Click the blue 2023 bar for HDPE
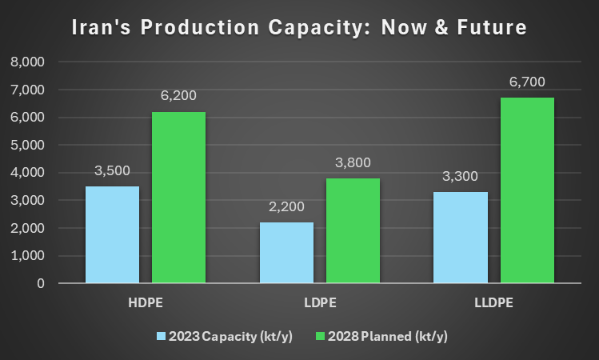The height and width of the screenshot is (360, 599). [x=112, y=234]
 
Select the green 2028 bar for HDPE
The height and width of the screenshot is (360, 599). [x=178, y=198]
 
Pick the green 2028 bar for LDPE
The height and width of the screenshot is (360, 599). [x=353, y=230]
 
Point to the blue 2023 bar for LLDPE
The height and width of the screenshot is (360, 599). [x=461, y=238]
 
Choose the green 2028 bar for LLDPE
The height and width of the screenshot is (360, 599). [x=527, y=190]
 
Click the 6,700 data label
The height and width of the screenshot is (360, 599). [x=527, y=82]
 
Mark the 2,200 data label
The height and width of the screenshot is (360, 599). [x=286, y=207]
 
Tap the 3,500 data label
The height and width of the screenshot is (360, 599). [x=112, y=171]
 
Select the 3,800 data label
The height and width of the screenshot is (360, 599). [x=353, y=163]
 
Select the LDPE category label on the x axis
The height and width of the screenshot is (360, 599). [x=319, y=304]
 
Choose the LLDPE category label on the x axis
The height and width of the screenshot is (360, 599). [x=493, y=304]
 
